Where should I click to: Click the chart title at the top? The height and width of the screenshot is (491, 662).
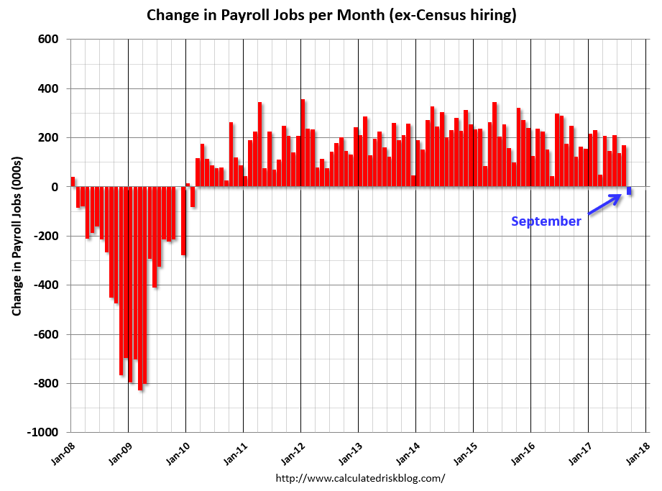331,15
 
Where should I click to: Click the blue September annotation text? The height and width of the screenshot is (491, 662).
546,221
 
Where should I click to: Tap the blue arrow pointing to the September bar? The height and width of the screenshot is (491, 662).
604,204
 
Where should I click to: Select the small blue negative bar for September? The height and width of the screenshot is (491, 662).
629,191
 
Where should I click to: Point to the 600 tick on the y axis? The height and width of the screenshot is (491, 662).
49,40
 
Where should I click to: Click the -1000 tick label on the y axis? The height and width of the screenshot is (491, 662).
44,433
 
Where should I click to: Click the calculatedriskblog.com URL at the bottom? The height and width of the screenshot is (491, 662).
360,477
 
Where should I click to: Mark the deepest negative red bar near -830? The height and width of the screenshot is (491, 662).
140,288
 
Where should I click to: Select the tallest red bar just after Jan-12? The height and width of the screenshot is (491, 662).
303,143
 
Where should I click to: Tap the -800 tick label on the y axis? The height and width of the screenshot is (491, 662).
47,384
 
